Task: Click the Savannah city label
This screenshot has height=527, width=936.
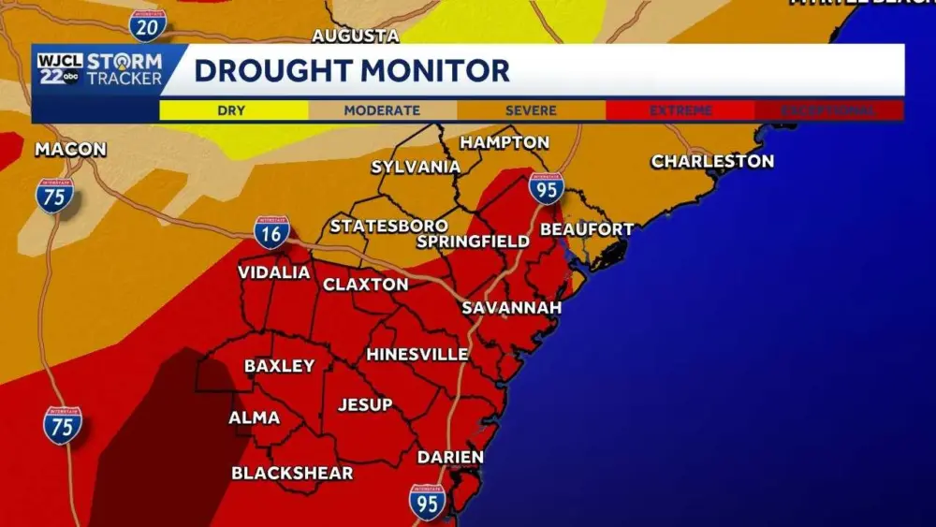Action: pos(511,308)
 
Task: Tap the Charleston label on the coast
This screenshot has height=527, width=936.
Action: pos(712,161)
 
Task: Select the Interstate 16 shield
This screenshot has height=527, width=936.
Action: pos(271,231)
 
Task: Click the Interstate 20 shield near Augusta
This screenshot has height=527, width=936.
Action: pos(147,25)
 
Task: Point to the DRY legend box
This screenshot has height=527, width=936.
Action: pos(233,110)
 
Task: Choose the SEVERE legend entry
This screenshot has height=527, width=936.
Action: pos(531,110)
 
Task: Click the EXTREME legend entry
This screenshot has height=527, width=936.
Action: pos(680,110)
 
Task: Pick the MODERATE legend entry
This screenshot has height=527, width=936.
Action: pos(382,110)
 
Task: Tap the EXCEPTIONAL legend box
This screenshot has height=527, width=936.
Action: pos(830,110)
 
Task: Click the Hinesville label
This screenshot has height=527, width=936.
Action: pos(417,355)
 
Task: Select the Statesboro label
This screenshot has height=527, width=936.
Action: pos(388,227)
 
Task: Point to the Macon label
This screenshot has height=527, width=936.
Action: pos(70,150)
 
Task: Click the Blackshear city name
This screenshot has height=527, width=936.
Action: pos(292,473)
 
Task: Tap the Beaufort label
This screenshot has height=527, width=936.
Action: pos(587,229)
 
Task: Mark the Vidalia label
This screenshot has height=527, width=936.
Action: pos(273,272)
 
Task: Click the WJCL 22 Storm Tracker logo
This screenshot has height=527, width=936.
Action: pos(100,69)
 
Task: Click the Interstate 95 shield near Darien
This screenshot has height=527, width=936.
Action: pos(427,503)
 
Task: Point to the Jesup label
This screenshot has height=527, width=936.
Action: pos(364,404)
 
